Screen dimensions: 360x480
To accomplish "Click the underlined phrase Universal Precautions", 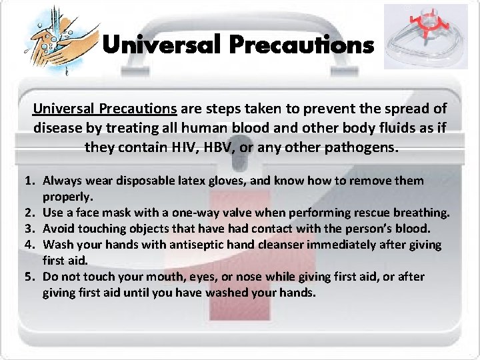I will [105, 109].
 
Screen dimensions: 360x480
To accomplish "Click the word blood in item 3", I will [414, 229].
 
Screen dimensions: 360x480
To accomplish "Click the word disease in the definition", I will [57, 127].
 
